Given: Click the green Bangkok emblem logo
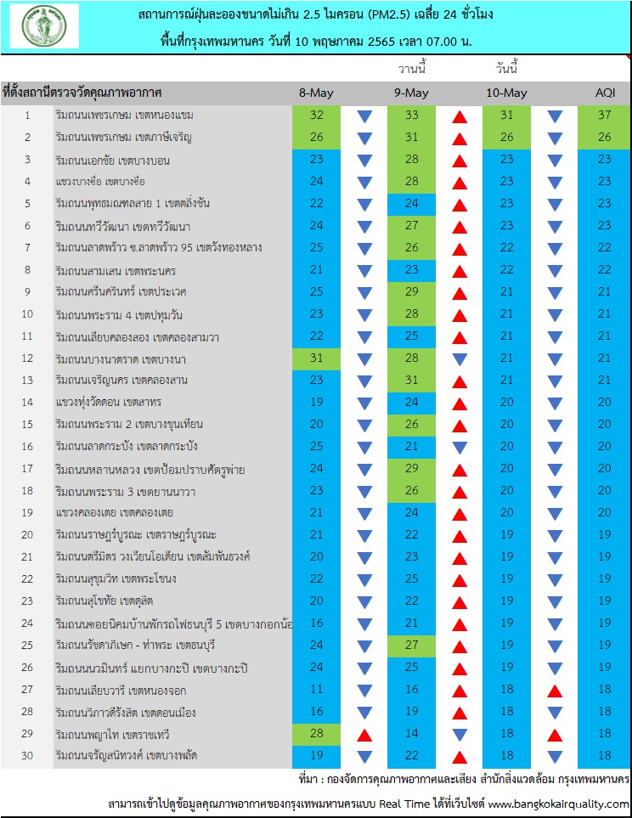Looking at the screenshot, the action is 44,25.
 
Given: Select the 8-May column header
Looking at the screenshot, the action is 316,93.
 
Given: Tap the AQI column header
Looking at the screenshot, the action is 606,93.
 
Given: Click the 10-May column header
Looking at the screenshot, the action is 507,93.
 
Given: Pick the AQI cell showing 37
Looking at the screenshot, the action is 604,115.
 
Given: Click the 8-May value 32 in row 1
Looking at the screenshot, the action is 316,115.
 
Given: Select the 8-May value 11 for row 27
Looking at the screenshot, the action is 316,689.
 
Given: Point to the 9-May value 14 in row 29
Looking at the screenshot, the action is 411,734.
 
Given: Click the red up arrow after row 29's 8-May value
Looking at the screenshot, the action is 364,736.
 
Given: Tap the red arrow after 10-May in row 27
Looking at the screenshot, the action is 555,691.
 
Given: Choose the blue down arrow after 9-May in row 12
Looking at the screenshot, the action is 460,359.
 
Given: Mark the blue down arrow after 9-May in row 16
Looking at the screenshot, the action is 460,448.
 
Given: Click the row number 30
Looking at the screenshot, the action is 27,755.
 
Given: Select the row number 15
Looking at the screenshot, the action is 27,424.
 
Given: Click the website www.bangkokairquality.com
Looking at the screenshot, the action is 558,804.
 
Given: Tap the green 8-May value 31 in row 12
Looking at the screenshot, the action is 316,358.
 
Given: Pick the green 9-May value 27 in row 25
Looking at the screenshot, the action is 411,645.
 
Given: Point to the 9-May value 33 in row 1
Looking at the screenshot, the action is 411,115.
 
